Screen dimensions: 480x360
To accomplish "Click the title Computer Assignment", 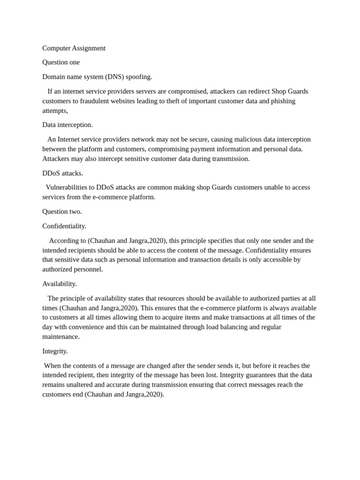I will coord(74,48).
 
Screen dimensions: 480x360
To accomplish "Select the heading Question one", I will coord(61,62).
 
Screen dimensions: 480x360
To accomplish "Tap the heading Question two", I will coord(62,211).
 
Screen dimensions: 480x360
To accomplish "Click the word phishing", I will coord(283,101).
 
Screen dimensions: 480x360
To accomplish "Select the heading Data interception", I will coord(67,125).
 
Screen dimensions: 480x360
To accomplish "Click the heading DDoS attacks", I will coord(62,173).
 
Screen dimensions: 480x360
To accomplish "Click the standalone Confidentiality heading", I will coord(64,226).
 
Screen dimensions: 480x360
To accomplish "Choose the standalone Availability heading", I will coord(60,284).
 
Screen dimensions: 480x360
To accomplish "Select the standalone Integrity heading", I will coord(55,351).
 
